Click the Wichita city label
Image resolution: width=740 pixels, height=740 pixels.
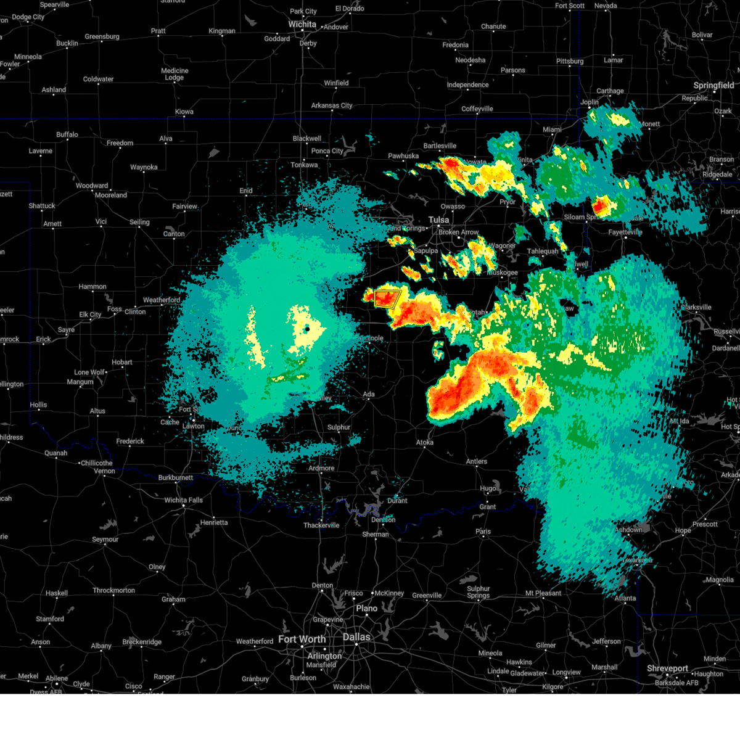pos(302,25)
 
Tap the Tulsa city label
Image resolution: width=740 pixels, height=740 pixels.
pos(439,220)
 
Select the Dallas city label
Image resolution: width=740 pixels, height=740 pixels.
pos(357,637)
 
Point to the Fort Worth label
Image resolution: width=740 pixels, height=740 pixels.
pos(302,639)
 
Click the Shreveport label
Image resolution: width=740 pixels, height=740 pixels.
pos(667,668)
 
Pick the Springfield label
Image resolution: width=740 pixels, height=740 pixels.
pos(713,86)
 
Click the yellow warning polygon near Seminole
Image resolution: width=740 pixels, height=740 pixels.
pos(387,298)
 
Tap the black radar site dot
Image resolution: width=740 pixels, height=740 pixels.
pos(306,329)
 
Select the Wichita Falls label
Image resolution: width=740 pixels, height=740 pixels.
pos(184,500)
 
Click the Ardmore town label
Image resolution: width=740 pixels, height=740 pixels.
pos(321,468)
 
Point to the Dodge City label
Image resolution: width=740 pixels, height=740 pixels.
pos(28,17)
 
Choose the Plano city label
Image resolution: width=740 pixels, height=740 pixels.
pos(366,609)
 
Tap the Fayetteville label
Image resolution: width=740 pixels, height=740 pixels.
pos(625,232)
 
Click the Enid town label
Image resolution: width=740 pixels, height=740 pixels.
pos(246,191)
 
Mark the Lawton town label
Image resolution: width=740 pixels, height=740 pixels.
pos(193,426)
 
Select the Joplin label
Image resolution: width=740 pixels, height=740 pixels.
pos(590,102)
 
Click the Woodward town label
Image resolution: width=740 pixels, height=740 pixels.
pos(92,186)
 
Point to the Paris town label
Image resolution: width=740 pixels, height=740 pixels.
pos(483,532)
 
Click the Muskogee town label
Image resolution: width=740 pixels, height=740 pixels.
pos(503,272)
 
